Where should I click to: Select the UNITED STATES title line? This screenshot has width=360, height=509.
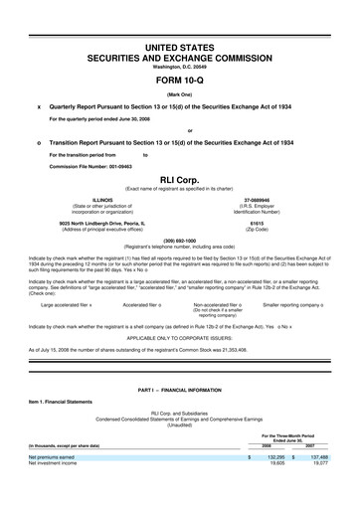[x=180, y=47]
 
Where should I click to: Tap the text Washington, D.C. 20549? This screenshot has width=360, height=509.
[x=180, y=67]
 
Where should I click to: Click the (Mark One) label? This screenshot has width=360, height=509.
[x=180, y=95]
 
